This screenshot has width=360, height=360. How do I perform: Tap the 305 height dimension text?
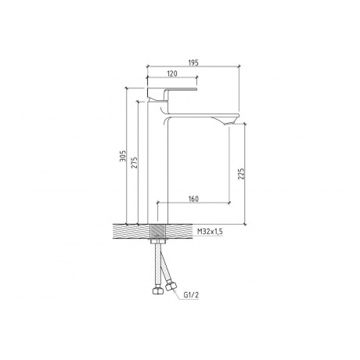click(x=122, y=157)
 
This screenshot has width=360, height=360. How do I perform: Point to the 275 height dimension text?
click(x=133, y=163)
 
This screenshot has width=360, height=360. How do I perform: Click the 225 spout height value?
click(x=242, y=174)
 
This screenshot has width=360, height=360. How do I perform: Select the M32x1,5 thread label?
click(x=209, y=232)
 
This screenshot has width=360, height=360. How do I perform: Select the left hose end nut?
click(x=153, y=290)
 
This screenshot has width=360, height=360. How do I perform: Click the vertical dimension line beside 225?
click(x=246, y=174)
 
